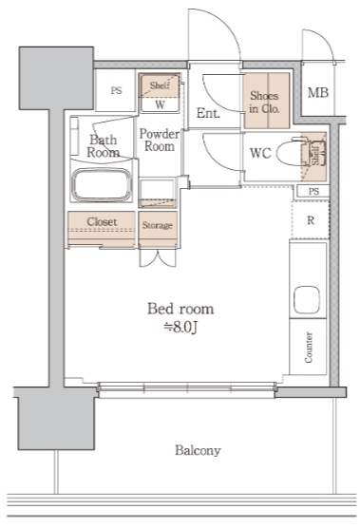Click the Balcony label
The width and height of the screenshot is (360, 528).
pyautogui.click(x=198, y=450)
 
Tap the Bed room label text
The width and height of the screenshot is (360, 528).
pyautogui.click(x=180, y=309)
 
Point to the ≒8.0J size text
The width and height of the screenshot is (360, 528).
pyautogui.click(x=180, y=327)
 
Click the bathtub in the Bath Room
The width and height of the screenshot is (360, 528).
pyautogui.click(x=102, y=185)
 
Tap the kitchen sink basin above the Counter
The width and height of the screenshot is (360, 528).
pyautogui.click(x=306, y=300)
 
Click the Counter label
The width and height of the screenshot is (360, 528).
pyautogui.click(x=309, y=348)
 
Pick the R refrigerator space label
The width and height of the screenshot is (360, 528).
pyautogui.click(x=311, y=220)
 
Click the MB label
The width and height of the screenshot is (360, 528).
pyautogui.click(x=318, y=92)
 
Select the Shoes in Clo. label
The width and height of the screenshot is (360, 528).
pyautogui.click(x=264, y=102)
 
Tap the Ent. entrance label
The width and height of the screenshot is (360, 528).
pyautogui.click(x=208, y=113)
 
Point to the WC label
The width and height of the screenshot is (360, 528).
pyautogui.click(x=260, y=153)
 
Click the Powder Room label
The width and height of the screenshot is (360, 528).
pyautogui.click(x=160, y=141)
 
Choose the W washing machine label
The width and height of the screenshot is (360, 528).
pyautogui.click(x=160, y=104)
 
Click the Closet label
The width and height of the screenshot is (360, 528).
pyautogui.click(x=102, y=221)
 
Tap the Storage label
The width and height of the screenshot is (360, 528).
pyautogui.click(x=158, y=225)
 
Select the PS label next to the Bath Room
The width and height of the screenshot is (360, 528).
pyautogui.click(x=116, y=90)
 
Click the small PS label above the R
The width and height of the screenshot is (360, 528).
pyautogui.click(x=313, y=192)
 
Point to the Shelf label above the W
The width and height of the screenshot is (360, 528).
pyautogui.click(x=160, y=85)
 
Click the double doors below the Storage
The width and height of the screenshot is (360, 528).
pyautogui.click(x=158, y=258)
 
